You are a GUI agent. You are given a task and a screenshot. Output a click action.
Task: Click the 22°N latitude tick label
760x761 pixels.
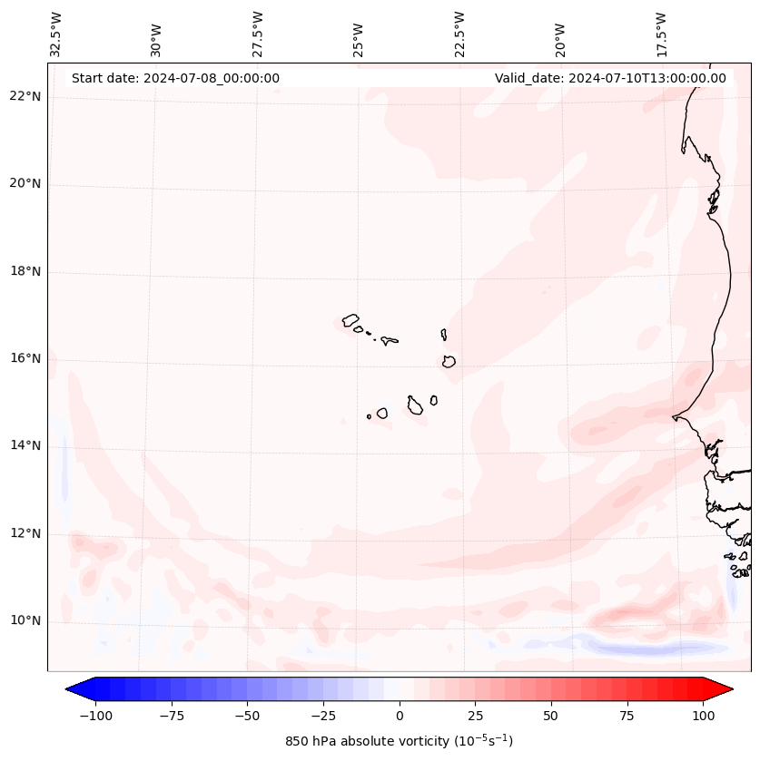[26, 97]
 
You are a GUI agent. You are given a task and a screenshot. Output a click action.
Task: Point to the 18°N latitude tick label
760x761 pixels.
[26, 271]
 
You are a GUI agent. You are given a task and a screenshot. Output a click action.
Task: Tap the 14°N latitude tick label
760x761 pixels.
[26, 445]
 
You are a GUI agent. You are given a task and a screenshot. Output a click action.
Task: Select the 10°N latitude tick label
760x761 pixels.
[26, 620]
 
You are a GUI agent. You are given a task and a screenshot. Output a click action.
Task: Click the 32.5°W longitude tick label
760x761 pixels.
[56, 34]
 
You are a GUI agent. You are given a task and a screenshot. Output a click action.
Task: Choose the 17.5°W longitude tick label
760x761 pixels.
[661, 34]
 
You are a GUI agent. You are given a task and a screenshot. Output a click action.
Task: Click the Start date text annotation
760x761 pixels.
[175, 78]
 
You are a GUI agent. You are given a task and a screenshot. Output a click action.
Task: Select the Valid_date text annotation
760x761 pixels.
[610, 78]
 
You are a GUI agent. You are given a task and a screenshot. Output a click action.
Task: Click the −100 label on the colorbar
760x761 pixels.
[95, 716]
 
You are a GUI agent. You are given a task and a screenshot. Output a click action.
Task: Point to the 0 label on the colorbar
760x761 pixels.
[399, 716]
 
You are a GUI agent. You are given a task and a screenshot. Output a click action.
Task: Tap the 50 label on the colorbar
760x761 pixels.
[550, 716]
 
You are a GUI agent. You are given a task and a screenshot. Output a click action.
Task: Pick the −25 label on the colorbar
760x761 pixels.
[322, 716]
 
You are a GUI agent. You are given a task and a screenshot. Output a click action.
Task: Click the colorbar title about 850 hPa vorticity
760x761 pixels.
[399, 741]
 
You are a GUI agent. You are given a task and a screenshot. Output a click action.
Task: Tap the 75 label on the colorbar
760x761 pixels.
[627, 716]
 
